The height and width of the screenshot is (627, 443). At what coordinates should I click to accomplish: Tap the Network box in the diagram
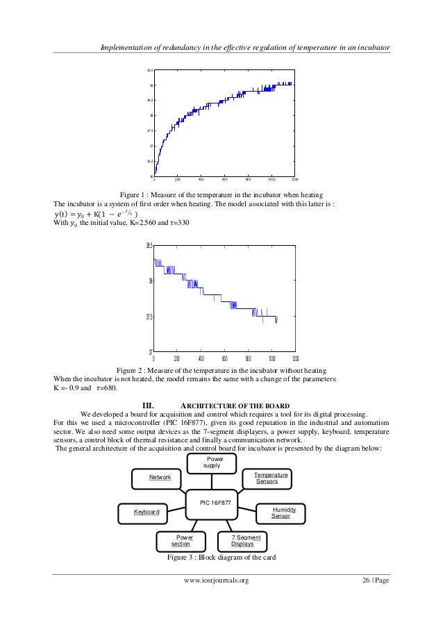(156, 478)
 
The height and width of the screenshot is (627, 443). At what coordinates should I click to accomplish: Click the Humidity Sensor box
(281, 513)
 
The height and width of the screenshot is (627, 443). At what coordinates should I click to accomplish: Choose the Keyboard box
(147, 512)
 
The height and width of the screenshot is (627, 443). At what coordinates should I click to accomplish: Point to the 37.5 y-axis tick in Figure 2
(148, 317)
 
